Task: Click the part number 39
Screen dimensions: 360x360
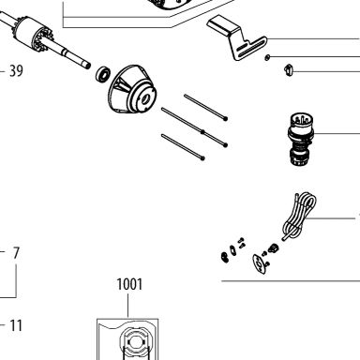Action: [16, 70]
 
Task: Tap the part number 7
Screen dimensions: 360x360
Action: [16, 253]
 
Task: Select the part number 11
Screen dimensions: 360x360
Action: [16, 325]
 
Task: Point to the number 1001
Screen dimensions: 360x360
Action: [129, 284]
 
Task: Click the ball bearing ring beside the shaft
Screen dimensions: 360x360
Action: [103, 74]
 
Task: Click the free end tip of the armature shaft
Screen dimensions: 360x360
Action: [88, 66]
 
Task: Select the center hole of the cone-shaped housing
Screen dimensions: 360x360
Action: [144, 99]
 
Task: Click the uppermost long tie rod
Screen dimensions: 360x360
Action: [206, 107]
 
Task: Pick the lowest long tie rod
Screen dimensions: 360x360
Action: [183, 146]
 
